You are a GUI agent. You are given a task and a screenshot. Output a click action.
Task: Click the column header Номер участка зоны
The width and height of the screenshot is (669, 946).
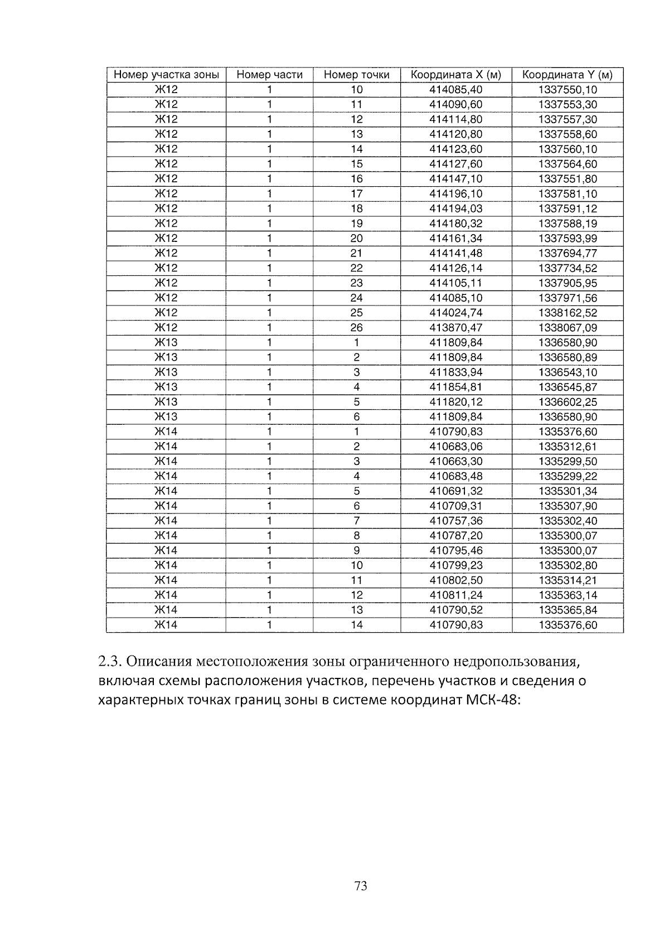(166, 75)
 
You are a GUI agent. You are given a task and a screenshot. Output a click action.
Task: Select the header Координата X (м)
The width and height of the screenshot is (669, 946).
(455, 75)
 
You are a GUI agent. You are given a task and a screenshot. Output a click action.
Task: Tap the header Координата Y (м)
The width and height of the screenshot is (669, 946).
(567, 75)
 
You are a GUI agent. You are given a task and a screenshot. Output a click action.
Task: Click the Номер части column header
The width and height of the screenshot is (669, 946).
(269, 75)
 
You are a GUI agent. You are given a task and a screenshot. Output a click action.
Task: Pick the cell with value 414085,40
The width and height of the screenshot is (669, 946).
(455, 90)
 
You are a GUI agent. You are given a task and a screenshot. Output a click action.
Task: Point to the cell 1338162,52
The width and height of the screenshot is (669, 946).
(567, 313)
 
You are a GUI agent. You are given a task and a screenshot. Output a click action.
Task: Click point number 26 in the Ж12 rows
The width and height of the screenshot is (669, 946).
(356, 328)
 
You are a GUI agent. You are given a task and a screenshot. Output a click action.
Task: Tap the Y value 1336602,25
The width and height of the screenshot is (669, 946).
(567, 402)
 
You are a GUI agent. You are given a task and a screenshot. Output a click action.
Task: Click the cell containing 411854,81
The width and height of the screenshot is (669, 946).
(455, 387)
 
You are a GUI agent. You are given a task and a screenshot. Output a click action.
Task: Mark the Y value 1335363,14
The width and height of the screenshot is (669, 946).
(567, 595)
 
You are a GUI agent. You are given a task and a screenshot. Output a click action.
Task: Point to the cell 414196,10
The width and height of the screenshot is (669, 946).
(455, 194)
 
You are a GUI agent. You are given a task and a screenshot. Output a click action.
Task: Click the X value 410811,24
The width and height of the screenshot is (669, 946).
(455, 595)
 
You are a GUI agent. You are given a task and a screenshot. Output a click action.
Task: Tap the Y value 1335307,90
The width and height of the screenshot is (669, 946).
(567, 506)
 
